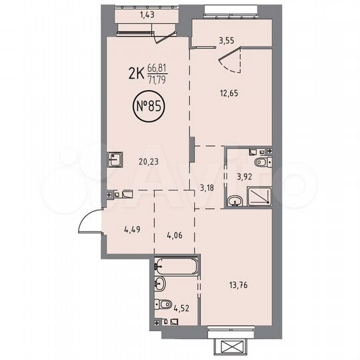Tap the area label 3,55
227,39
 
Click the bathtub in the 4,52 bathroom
176,268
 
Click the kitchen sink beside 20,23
114,159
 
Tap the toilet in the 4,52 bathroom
165,305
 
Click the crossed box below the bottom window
233,346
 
